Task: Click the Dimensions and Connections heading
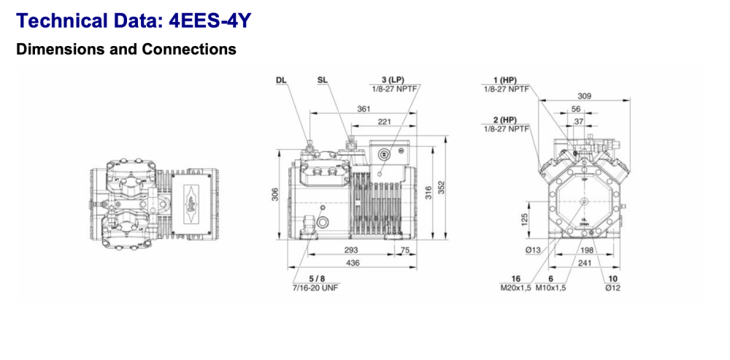coord(126,50)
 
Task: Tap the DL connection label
coord(281,80)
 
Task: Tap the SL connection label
coord(323,80)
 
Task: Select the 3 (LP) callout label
coord(392,79)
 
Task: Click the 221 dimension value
coord(385,122)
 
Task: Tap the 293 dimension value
coord(352,250)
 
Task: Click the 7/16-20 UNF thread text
coord(315,288)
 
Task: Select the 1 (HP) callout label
coord(504,79)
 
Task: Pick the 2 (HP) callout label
coord(504,119)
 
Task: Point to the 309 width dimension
coord(583,96)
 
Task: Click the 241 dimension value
coord(584,263)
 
